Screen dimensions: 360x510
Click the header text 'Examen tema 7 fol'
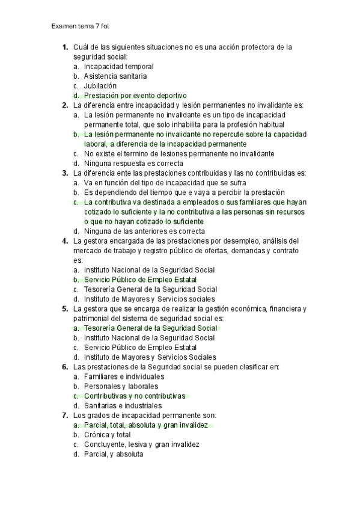tap(81, 27)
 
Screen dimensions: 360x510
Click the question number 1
tap(64, 47)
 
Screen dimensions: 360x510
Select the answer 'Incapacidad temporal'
tap(118, 67)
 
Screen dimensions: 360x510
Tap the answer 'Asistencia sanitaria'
tap(115, 76)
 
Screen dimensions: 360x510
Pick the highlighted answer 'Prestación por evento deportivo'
tap(135, 96)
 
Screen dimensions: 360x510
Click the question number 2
tap(64, 105)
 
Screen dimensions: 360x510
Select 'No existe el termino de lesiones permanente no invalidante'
tap(178, 154)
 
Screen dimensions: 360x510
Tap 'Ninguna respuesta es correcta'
tap(133, 164)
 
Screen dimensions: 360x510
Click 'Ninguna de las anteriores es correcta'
tap(144, 231)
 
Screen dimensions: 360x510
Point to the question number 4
tap(64, 241)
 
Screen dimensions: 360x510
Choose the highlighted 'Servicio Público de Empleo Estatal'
tap(140, 280)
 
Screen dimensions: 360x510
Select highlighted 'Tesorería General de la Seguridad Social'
tap(150, 328)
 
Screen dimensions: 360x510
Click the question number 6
tap(64, 367)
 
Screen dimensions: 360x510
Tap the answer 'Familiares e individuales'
tap(124, 376)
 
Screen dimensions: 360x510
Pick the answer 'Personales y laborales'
tap(121, 386)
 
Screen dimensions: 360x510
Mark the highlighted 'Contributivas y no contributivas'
tap(135, 396)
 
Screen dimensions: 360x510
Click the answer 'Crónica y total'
tap(107, 435)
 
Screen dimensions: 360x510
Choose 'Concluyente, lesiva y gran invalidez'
tap(141, 444)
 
